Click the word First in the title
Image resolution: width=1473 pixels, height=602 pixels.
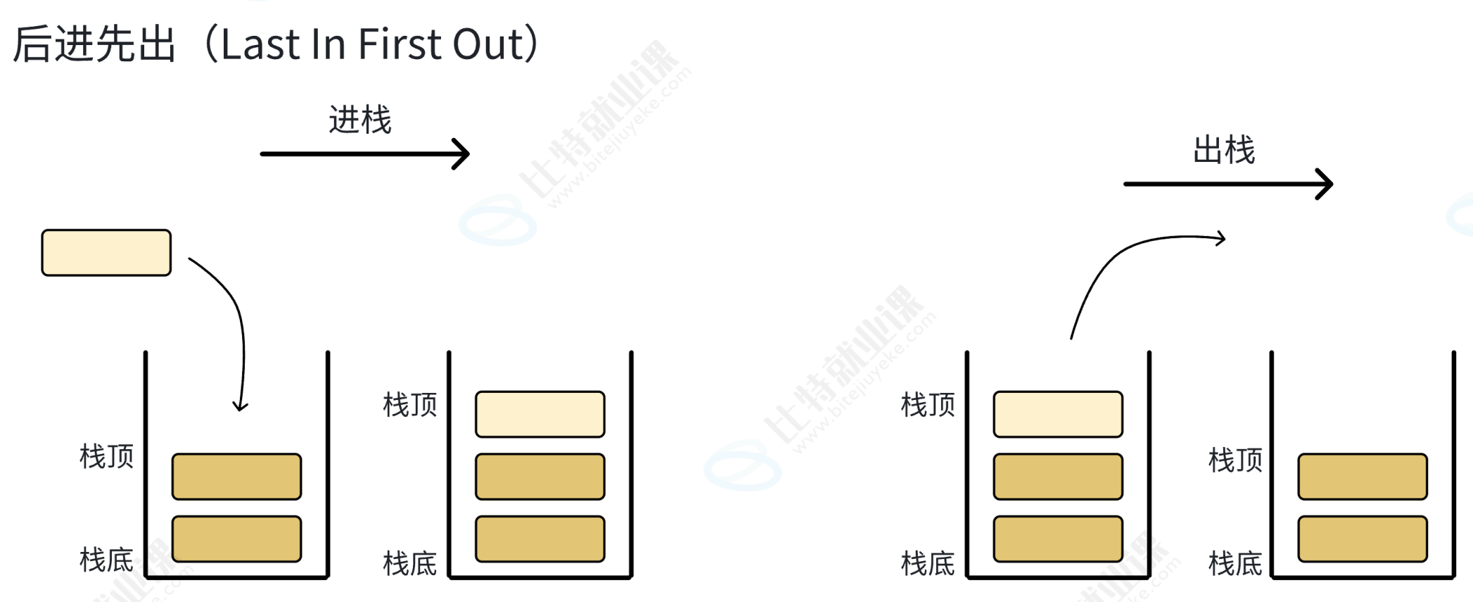point(399,44)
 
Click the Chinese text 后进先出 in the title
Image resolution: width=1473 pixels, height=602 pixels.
point(94,44)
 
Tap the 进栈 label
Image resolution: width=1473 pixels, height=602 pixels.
point(360,120)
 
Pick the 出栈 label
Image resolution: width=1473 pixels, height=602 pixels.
point(1224,150)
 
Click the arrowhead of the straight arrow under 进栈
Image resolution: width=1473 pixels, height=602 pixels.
point(462,153)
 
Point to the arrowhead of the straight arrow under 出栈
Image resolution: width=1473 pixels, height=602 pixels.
point(1325,184)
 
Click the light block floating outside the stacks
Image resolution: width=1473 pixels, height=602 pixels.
point(106,252)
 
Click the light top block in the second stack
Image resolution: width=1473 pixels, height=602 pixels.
point(540,414)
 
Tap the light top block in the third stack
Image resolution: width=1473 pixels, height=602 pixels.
point(1058,414)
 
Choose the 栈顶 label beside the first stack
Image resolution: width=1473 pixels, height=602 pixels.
point(107,456)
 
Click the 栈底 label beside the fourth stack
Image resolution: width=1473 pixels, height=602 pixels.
point(1235,563)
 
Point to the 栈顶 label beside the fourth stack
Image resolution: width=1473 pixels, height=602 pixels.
point(1235,460)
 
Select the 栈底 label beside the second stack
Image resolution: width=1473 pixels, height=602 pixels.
point(410,563)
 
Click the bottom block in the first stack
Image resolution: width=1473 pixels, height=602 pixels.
point(236,539)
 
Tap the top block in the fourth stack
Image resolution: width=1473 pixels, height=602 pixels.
point(1363,477)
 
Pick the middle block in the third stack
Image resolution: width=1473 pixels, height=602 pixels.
point(1058,477)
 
